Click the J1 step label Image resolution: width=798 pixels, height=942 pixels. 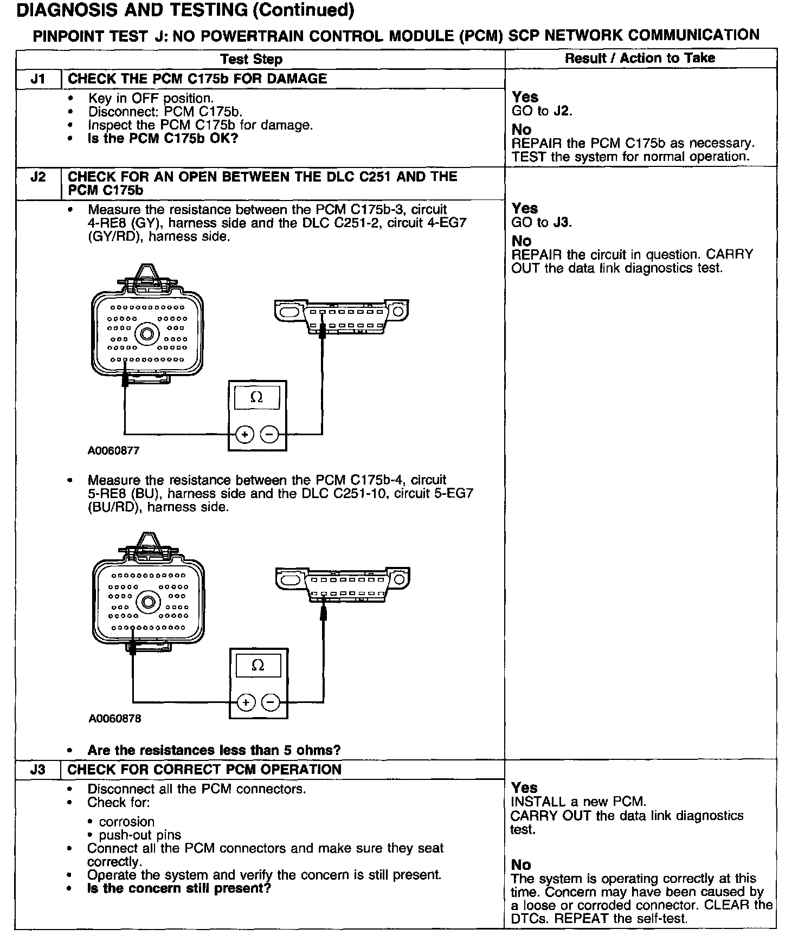tap(37, 79)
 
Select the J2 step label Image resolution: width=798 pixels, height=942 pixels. tap(37, 177)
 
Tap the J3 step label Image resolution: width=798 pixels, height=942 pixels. tap(37, 770)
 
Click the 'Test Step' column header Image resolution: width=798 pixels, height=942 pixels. tap(252, 60)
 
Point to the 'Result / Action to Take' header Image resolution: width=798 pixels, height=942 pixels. tap(640, 59)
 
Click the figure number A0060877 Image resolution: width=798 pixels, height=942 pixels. tap(114, 450)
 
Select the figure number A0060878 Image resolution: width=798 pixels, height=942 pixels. tap(115, 719)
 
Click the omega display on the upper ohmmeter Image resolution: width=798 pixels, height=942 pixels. tap(257, 397)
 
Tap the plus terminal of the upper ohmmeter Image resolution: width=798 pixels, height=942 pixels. tap(245, 434)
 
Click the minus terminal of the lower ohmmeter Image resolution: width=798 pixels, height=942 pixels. tap(271, 702)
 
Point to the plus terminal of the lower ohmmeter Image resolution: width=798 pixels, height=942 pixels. tap(246, 702)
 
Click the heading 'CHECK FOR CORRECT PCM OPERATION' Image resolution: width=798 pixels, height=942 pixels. tap(204, 770)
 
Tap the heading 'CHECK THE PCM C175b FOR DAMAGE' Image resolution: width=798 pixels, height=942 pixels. tap(197, 79)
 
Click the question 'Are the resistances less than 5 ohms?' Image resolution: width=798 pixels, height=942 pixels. tap(214, 750)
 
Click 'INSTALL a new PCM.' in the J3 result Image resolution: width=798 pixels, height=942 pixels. tap(578, 802)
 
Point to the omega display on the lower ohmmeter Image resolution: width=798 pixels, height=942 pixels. tap(258, 666)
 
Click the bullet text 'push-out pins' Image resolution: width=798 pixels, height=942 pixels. tap(140, 835)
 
